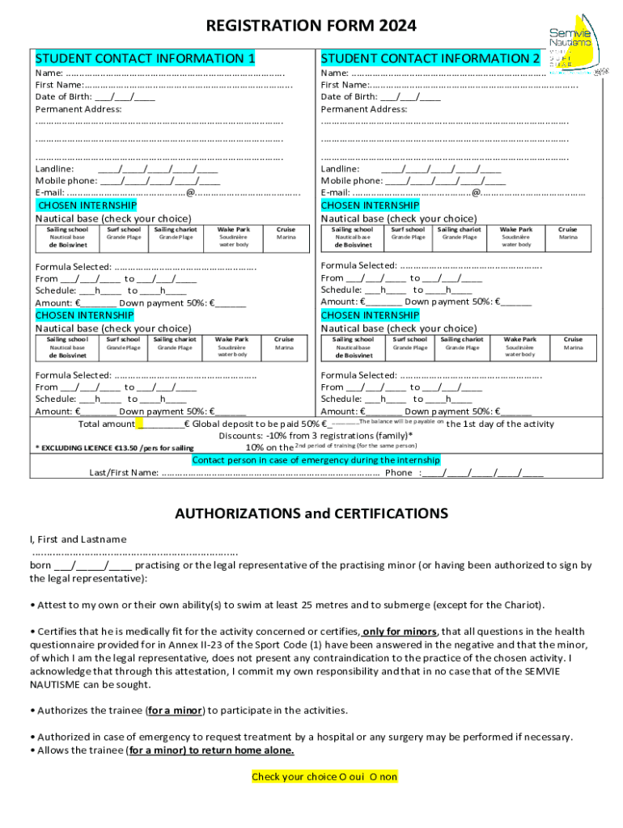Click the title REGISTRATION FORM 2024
(311, 26)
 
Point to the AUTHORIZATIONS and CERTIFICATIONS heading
(311, 513)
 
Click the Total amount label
(106, 425)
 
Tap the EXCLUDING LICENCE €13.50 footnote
(113, 447)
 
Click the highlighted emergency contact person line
(316, 460)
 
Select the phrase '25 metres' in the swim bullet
(324, 605)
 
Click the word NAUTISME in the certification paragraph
(56, 684)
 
